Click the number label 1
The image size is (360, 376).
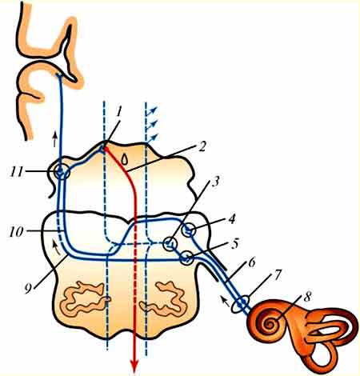[119, 113]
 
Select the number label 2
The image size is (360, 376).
[202, 146]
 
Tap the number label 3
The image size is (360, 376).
[216, 181]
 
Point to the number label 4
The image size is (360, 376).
[232, 218]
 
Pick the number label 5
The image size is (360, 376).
[234, 244]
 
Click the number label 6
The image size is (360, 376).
[251, 262]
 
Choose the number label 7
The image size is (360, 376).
[277, 274]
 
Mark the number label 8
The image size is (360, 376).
[307, 297]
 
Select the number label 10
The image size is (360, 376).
[17, 231]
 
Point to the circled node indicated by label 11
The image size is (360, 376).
[62, 173]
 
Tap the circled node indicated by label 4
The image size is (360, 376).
[189, 230]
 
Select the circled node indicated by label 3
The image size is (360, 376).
[170, 244]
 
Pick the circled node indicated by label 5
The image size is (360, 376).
[187, 258]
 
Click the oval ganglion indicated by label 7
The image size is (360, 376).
[241, 304]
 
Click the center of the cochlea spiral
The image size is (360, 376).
[269, 324]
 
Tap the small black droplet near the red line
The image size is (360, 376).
[124, 159]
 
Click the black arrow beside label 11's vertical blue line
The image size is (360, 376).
[55, 138]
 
